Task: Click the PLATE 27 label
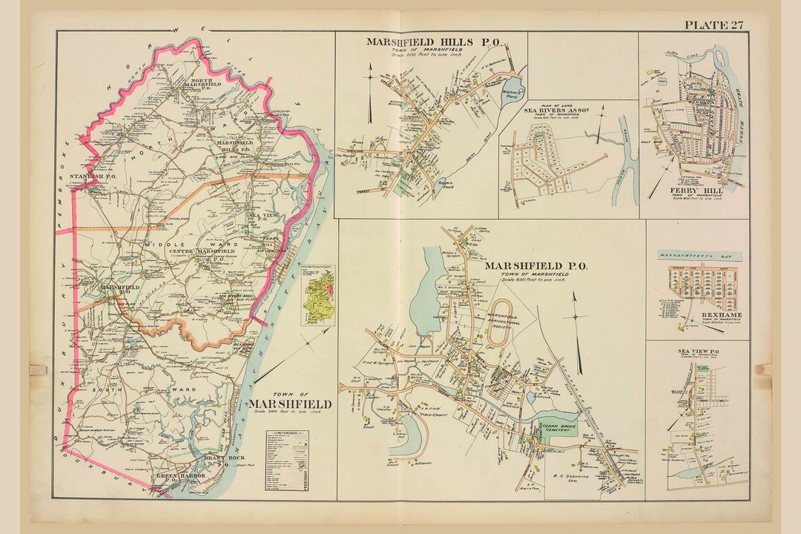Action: pos(713,24)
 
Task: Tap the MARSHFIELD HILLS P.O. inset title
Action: pos(423,42)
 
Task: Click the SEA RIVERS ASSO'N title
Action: pos(556,110)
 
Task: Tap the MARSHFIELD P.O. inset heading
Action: pos(535,266)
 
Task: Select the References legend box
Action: pos(287,460)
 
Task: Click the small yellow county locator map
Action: pos(317,295)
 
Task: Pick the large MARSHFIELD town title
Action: pos(290,403)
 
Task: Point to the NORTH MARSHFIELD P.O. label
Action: pos(197,84)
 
